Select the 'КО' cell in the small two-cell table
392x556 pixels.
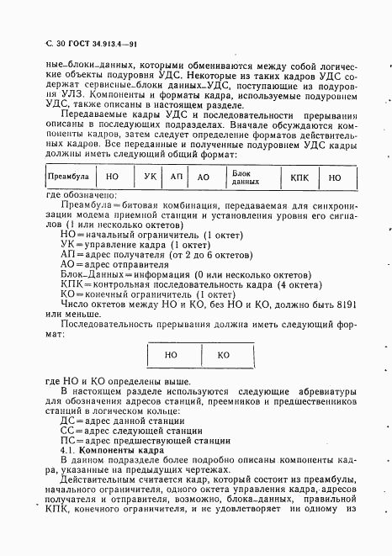[x=224, y=355]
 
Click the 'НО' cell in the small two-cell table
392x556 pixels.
[x=172, y=355]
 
